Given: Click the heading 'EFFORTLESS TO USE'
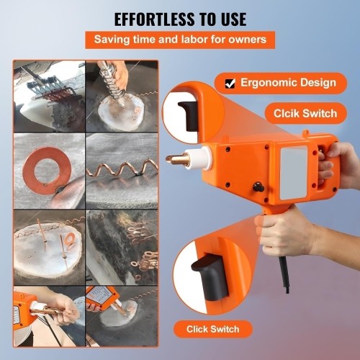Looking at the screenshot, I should (179, 18).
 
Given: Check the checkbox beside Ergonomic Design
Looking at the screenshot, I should (230, 83).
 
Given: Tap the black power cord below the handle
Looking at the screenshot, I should (286, 274).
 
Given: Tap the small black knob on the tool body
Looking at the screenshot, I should (257, 189).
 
